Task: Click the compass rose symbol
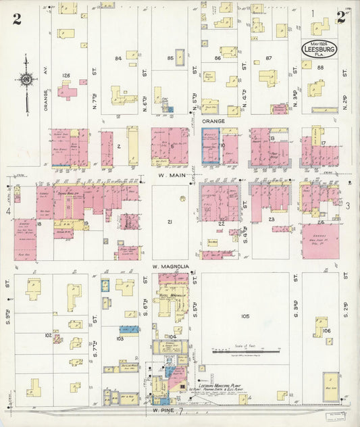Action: (26, 81)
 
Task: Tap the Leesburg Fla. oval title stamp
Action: (321, 50)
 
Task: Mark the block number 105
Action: (245, 316)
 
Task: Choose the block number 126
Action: (66, 74)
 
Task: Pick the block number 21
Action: (170, 222)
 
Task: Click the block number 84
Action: (118, 58)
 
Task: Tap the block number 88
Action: (320, 68)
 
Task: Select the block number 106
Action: (327, 330)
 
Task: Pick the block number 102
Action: (48, 334)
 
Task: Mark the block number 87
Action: (269, 59)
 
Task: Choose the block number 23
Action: (272, 220)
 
